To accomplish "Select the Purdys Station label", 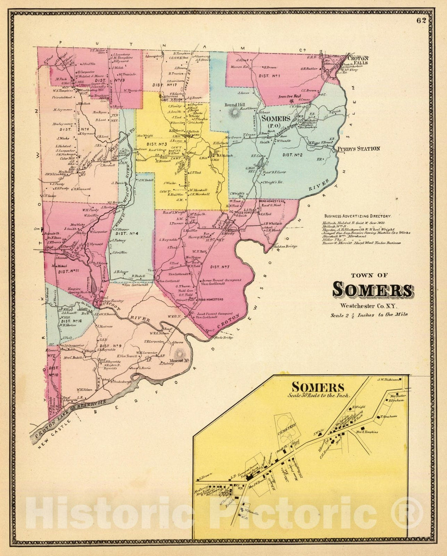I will point(358,149).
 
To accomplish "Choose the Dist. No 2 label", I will point(293,155).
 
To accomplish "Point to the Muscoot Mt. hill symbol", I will point(180,354).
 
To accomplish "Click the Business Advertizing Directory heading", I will point(358,216).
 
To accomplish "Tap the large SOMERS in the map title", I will point(372,290).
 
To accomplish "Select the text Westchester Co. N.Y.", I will point(368,306).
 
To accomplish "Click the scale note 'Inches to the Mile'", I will point(369,315).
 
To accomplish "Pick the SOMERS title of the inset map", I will point(317,387).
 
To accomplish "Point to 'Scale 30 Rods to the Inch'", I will point(319,395).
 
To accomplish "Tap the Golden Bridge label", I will point(286,247).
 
